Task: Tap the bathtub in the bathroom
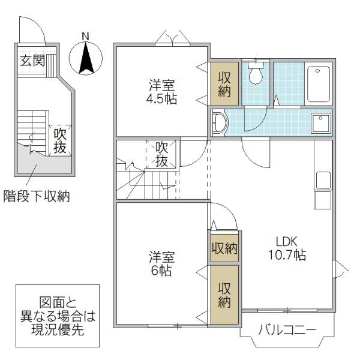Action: click(x=319, y=84)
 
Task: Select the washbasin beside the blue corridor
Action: click(x=220, y=122)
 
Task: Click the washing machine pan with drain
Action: click(x=321, y=123)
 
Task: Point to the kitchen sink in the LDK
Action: click(x=323, y=180)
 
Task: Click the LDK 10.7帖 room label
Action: click(x=287, y=248)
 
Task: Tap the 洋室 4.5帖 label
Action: click(x=161, y=92)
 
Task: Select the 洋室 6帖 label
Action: click(x=161, y=263)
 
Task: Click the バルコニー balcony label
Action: click(x=287, y=331)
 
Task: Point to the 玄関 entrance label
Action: click(x=32, y=61)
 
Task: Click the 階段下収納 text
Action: click(x=37, y=197)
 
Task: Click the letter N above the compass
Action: click(x=85, y=36)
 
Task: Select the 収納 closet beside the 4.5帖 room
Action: click(x=224, y=84)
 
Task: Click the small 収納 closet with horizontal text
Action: click(x=224, y=248)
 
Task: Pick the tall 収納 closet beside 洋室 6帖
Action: click(x=224, y=295)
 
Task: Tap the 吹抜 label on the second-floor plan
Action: click(x=161, y=154)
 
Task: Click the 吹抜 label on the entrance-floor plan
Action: click(x=60, y=141)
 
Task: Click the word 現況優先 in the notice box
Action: click(x=58, y=329)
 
